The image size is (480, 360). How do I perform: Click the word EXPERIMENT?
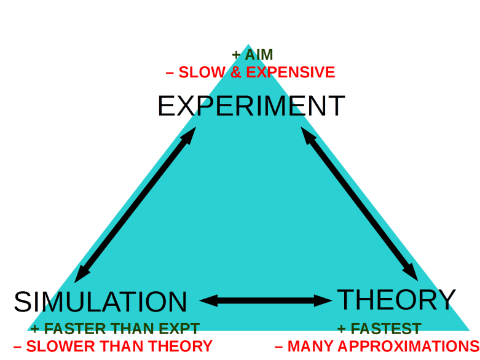point(251,106)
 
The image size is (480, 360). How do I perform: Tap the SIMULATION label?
point(100,302)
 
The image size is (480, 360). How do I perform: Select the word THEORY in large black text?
point(396,299)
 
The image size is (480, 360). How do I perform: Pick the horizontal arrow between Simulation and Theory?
point(266,300)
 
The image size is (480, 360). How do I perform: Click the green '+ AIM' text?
point(251,55)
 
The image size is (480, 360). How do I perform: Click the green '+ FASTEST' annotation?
point(379,329)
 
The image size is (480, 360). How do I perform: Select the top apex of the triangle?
point(248,45)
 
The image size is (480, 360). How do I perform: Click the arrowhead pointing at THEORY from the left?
point(324,300)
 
